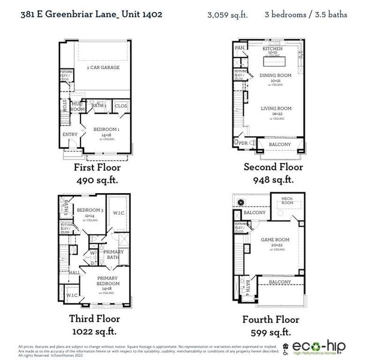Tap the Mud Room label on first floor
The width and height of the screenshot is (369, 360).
pos(77,107)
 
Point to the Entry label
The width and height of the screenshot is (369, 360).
pos(70,134)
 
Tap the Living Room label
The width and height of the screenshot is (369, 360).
pos(272,109)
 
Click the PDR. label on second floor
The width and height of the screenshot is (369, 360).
pos(244,144)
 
